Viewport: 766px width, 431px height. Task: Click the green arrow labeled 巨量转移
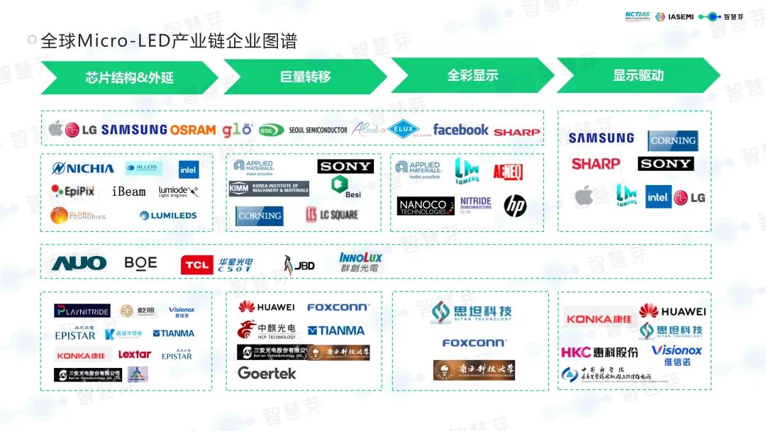pos(305,77)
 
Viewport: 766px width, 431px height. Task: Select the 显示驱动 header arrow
pos(638,76)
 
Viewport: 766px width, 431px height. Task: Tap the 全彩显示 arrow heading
pos(472,76)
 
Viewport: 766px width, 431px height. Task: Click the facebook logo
pos(460,130)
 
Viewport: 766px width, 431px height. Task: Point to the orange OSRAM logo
pos(193,130)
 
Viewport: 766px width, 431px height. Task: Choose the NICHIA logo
pos(83,169)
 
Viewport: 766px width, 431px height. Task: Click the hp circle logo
pos(516,206)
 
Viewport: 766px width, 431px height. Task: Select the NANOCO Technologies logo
pos(426,206)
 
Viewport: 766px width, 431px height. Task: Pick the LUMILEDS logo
pos(168,216)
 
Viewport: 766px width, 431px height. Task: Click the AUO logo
pos(79,264)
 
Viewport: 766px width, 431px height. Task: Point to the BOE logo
pos(140,263)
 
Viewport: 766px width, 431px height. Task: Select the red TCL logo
pos(196,265)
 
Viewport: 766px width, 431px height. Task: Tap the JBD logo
pos(299,265)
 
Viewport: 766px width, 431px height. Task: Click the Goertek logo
pos(267,373)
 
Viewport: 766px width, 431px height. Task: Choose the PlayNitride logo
pos(82,311)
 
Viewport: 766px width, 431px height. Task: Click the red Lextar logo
pos(134,354)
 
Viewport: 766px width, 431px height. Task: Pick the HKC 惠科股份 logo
pos(599,352)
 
